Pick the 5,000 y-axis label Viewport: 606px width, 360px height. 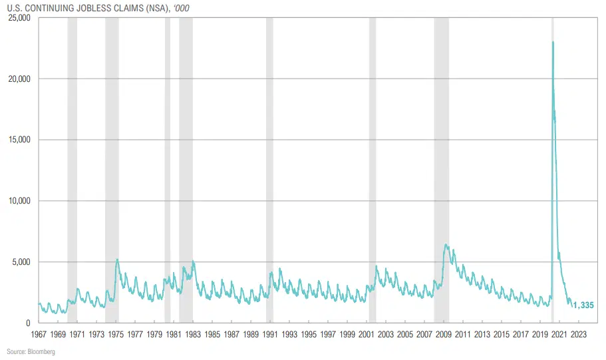click(21, 262)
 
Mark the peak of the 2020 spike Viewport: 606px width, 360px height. click(553, 42)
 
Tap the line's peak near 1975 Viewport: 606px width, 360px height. click(117, 260)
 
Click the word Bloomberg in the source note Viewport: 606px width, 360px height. click(41, 351)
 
